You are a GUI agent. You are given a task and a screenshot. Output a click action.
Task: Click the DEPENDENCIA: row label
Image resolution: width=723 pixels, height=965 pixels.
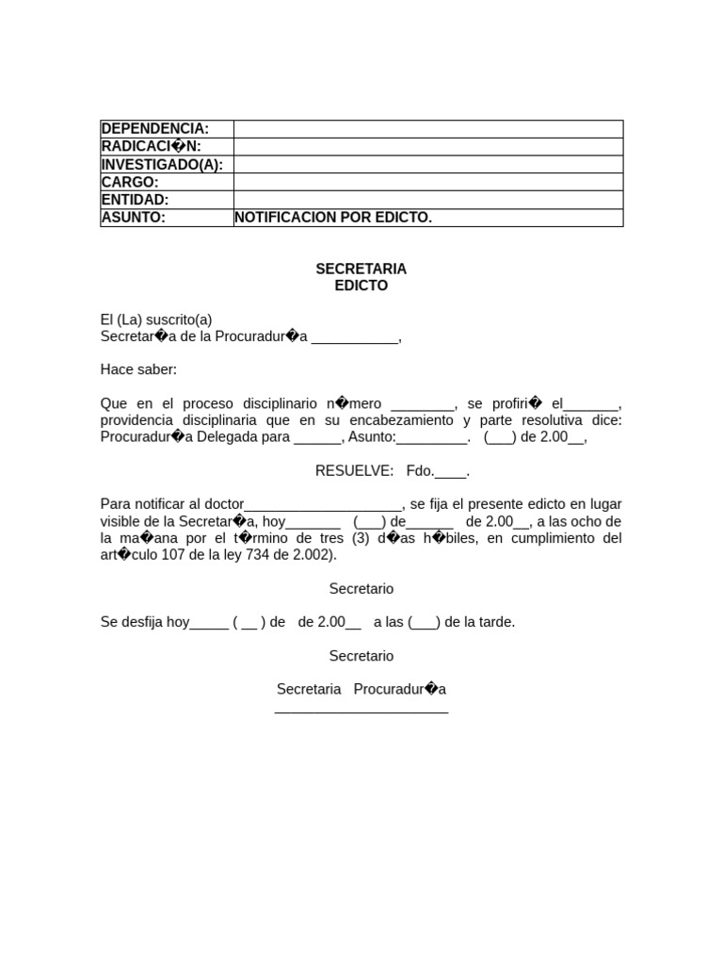154,129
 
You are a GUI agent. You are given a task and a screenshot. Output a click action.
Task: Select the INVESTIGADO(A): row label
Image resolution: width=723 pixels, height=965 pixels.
161,165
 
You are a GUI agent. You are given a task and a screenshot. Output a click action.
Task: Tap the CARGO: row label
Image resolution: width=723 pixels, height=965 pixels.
130,182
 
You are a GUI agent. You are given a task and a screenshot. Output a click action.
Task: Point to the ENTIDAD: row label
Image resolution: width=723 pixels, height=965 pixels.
135,200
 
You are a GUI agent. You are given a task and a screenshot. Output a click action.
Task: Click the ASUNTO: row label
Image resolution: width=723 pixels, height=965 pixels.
133,218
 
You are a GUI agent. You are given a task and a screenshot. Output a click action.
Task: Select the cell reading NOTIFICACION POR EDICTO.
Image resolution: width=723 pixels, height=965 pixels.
333,218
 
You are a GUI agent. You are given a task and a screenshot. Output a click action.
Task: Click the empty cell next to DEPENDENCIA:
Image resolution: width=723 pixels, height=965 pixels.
428,129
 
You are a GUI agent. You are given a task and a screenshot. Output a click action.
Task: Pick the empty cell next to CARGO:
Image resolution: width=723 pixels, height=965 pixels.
428,182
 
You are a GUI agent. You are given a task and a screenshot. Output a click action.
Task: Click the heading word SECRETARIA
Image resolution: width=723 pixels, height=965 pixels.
361,270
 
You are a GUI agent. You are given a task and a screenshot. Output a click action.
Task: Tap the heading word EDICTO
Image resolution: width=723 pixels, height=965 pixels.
361,286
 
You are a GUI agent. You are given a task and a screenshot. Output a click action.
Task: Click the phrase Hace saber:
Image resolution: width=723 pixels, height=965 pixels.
138,369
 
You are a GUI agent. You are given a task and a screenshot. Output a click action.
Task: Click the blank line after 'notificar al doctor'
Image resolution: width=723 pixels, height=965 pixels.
324,505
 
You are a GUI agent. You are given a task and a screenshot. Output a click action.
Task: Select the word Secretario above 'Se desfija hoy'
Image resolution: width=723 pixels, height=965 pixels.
361,589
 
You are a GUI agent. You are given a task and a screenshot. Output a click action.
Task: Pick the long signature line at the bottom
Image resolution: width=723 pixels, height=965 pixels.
361,711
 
